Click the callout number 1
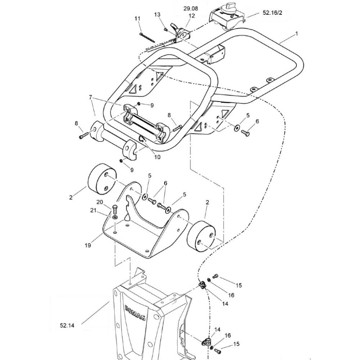pos(297,33)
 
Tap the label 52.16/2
pos(273,13)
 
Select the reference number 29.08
pos(190,9)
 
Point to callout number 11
pos(137,18)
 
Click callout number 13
pos(157,14)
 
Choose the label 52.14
pos(67,325)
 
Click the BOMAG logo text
pos(135,312)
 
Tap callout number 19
pos(88,245)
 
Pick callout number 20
pos(100,202)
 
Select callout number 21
pos(93,210)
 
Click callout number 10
pos(157,157)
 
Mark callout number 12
pos(192,15)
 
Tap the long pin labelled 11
pos(147,38)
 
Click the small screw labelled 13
pos(166,30)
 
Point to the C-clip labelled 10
pos(142,139)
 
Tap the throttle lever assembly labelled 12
pos(181,33)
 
